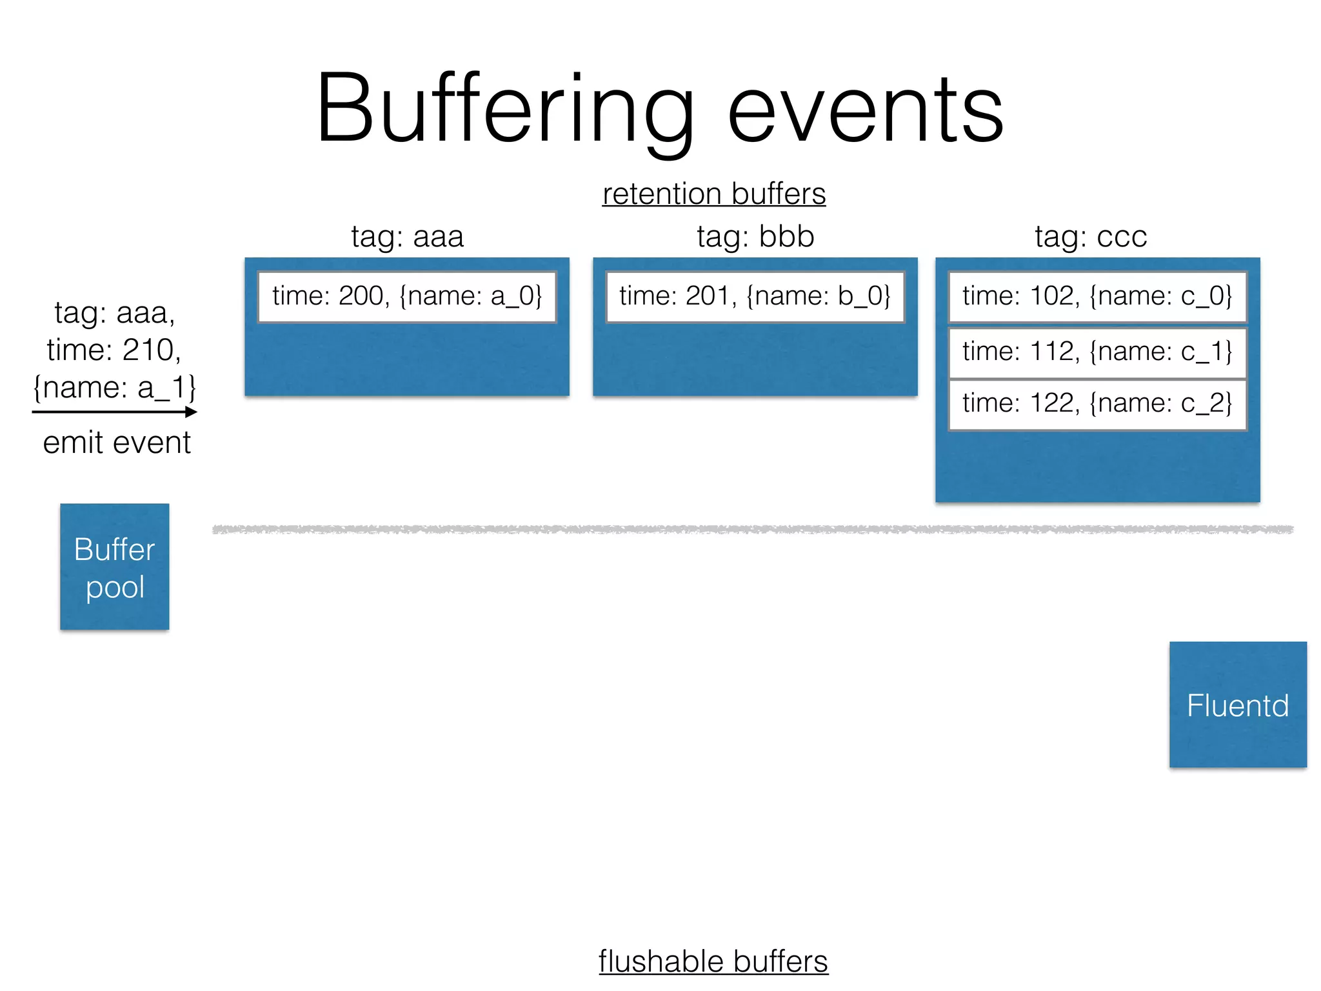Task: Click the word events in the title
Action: [865, 110]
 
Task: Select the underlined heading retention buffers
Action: [713, 194]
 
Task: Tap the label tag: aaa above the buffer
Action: [407, 236]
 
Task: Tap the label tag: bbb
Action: [755, 236]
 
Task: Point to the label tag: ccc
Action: [1091, 236]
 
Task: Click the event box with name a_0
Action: [407, 296]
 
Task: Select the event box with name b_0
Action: [755, 296]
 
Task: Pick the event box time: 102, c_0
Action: [1097, 296]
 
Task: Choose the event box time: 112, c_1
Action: [1097, 352]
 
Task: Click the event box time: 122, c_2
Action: [1097, 404]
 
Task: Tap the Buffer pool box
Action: [115, 566]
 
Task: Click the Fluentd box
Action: [1238, 705]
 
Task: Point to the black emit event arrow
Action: [114, 412]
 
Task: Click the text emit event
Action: [117, 443]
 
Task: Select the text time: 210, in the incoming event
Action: [114, 350]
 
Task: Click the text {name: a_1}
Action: [114, 387]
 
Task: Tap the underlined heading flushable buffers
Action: [713, 961]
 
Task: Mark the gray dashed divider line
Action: [753, 530]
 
